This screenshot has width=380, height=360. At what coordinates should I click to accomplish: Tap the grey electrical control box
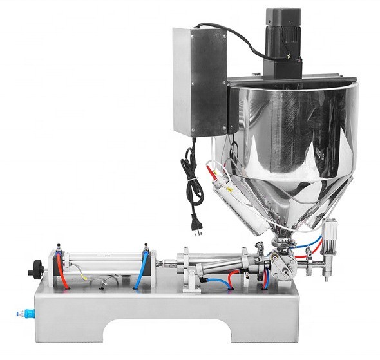pyautogui.click(x=199, y=84)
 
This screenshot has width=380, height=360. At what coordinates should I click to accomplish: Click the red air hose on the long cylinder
pyautogui.click(x=62, y=270)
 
